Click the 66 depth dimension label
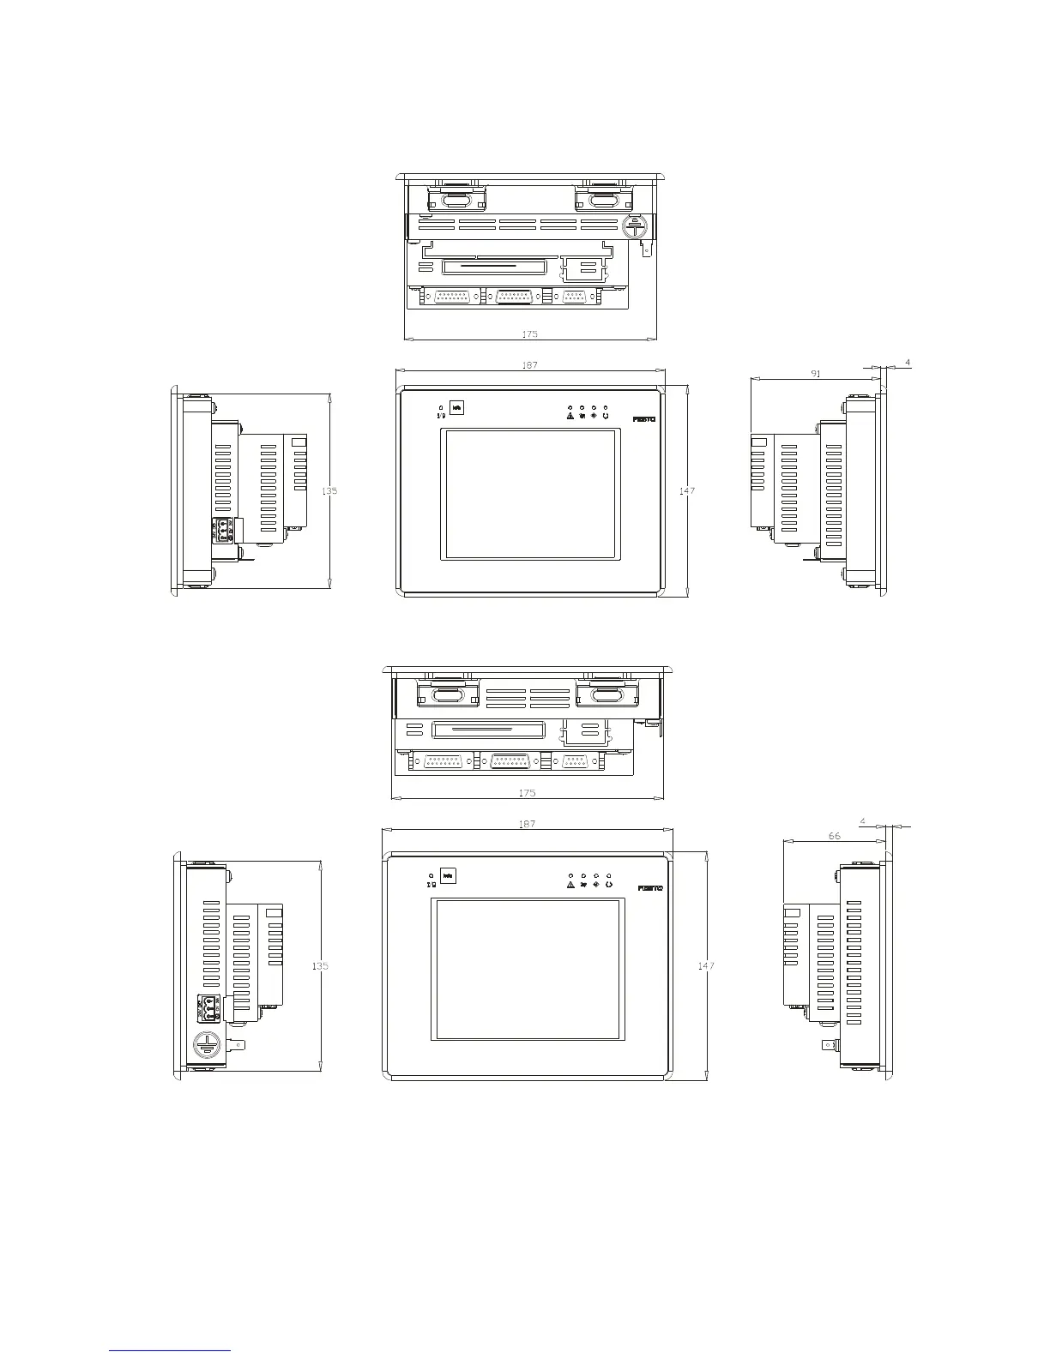click(x=835, y=836)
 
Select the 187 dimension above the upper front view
click(x=529, y=365)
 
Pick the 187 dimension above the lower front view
click(x=527, y=824)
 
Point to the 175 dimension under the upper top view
click(x=529, y=334)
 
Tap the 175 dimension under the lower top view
click(x=528, y=793)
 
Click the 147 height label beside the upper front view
click(x=686, y=491)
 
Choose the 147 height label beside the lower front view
click(x=705, y=965)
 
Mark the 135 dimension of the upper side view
click(x=329, y=491)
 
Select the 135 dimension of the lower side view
click(x=319, y=965)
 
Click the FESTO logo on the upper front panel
click(x=643, y=419)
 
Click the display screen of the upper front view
click(x=528, y=495)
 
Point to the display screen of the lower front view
click(x=527, y=969)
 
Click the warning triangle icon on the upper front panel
click(x=570, y=417)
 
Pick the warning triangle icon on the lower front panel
click(x=570, y=885)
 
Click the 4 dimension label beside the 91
click(x=908, y=364)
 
